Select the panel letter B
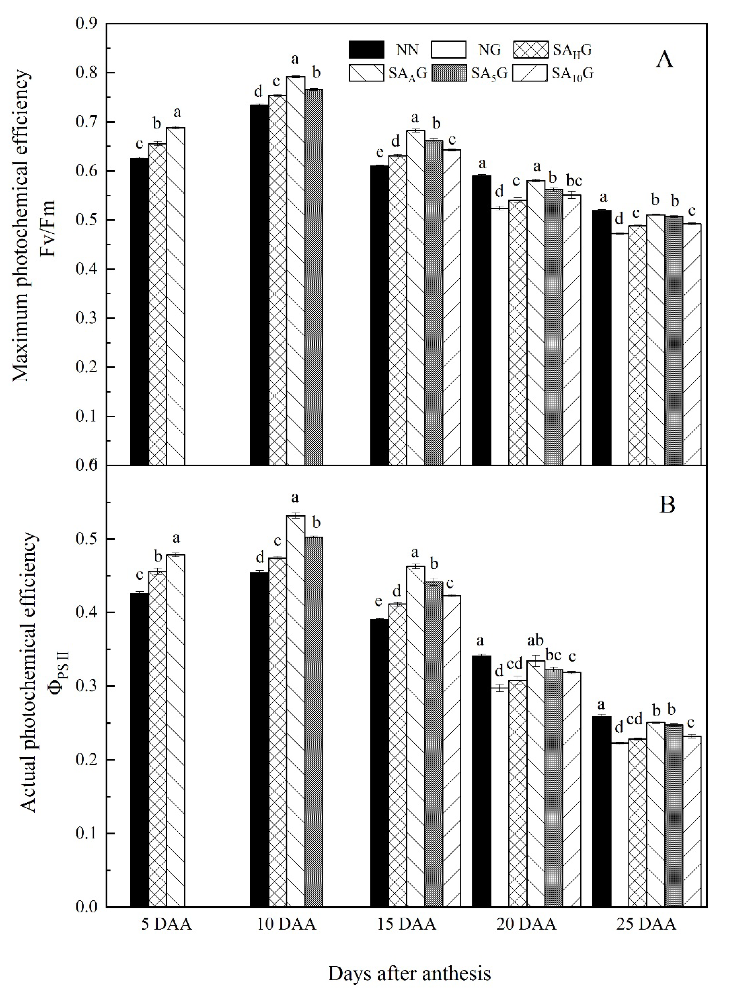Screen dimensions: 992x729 (667, 505)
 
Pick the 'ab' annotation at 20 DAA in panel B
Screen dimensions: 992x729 (535, 640)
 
